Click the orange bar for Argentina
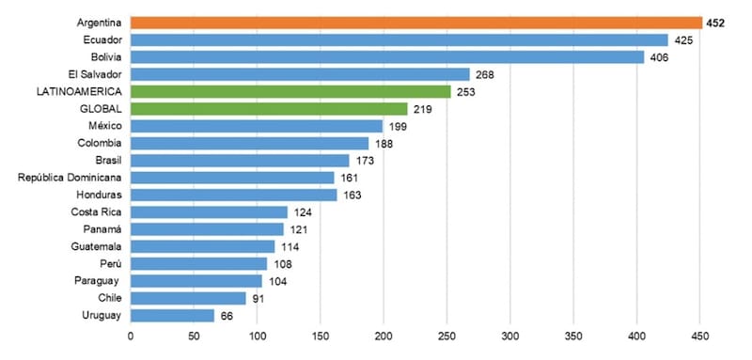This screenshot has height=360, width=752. (x=416, y=23)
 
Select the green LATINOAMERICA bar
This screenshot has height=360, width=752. (x=290, y=91)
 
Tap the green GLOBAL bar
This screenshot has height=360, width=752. (x=269, y=109)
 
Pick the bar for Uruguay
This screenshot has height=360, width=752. (x=172, y=316)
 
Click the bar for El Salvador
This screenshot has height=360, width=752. (x=300, y=74)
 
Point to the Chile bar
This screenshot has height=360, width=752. (x=188, y=298)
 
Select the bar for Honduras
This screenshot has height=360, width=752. (x=233, y=196)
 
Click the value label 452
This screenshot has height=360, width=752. (x=715, y=23)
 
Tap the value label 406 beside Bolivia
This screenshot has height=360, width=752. (x=660, y=57)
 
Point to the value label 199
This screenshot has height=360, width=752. (x=398, y=127)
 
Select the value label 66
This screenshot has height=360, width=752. (x=227, y=316)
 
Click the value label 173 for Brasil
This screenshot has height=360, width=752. (x=365, y=161)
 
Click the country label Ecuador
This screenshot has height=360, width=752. (x=102, y=39)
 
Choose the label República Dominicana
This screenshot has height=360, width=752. (x=70, y=178)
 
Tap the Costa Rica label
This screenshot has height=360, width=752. (x=97, y=211)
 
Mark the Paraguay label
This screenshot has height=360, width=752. (x=97, y=281)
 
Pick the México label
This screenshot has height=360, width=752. (x=105, y=126)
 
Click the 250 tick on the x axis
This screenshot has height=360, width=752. (x=447, y=337)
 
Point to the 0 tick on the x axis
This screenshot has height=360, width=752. (x=131, y=337)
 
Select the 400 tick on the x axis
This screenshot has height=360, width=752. (x=637, y=337)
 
